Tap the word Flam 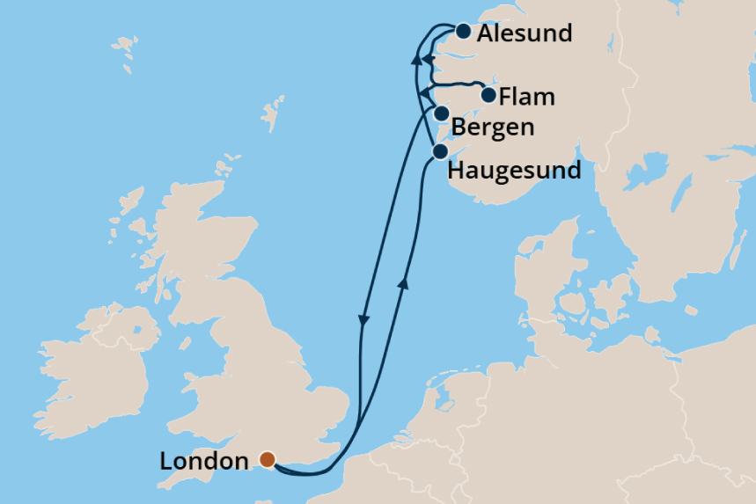(526, 97)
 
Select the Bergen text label (492, 128)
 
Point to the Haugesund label (514, 170)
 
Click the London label (204, 461)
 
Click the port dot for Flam (488, 95)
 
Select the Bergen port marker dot (442, 113)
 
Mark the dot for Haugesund (439, 152)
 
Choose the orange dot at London (267, 459)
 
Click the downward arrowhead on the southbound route (363, 323)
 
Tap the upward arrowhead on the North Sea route (404, 282)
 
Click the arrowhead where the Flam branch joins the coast (423, 93)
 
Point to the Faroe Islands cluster (124, 53)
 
